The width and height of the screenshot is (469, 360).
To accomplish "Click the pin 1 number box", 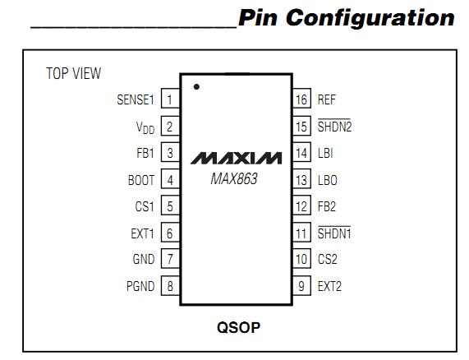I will (170, 100).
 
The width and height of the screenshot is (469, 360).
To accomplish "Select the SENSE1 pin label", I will (136, 100).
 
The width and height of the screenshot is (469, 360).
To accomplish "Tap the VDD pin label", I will (145, 127).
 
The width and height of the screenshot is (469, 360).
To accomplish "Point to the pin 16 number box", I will (301, 100).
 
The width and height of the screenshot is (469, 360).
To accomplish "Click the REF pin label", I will (327, 100).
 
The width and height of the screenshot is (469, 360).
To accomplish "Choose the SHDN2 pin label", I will (335, 127).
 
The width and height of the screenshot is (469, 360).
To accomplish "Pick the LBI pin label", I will (325, 154).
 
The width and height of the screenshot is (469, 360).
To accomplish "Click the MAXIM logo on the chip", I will (237, 157).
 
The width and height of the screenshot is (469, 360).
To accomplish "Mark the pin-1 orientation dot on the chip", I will (196, 86).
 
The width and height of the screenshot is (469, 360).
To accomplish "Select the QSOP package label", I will (238, 327).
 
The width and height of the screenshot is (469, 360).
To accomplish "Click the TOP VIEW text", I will (74, 74).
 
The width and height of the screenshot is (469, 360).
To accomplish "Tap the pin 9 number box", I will (301, 286).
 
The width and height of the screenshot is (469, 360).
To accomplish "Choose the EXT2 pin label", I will (329, 286).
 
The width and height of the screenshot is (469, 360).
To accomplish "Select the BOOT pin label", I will (140, 180).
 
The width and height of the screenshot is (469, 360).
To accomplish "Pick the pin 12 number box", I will (301, 206).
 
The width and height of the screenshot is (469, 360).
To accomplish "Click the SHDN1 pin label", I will (334, 233).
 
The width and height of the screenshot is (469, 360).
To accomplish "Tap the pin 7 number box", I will (170, 260).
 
